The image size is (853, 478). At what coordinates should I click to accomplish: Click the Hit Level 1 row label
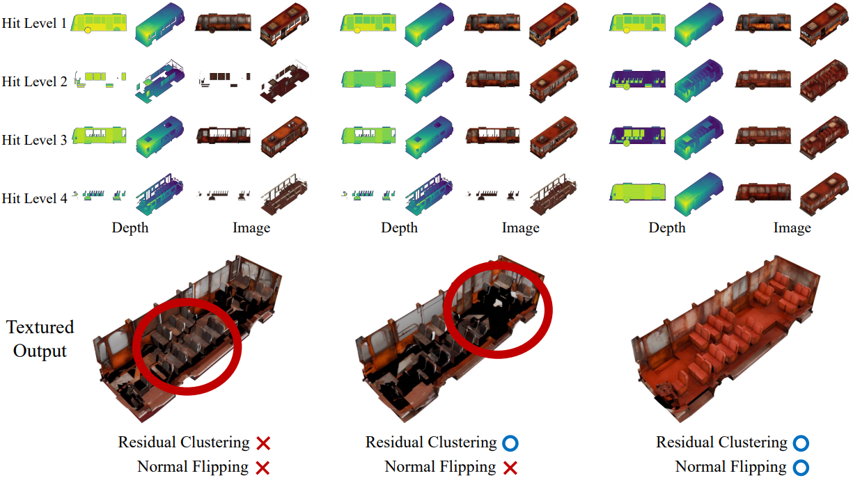(34, 23)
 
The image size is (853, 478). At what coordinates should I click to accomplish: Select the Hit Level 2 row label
(34, 81)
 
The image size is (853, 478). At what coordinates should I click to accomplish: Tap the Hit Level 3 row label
(34, 140)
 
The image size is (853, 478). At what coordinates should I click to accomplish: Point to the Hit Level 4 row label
(34, 198)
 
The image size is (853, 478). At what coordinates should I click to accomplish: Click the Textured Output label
(40, 339)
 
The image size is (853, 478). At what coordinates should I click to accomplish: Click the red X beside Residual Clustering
(263, 443)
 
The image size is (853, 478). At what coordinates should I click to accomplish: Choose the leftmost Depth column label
(130, 228)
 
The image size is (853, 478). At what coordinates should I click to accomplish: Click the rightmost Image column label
(792, 228)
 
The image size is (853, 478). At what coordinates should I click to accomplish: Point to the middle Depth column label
(400, 228)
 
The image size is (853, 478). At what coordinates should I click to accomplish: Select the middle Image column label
(521, 228)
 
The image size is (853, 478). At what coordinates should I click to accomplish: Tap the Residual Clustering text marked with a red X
(184, 443)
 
